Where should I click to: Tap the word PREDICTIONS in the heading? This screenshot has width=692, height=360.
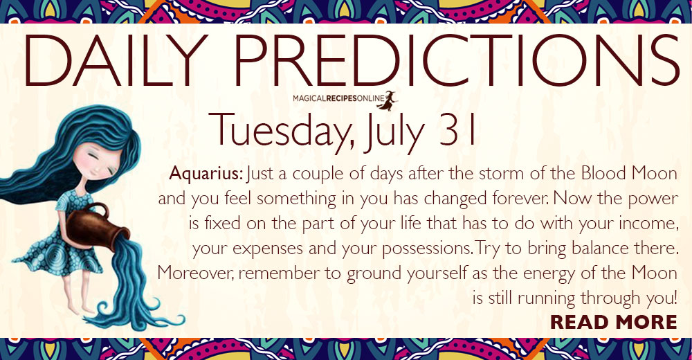coord(456,60)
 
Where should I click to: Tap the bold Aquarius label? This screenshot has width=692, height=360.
coord(206,173)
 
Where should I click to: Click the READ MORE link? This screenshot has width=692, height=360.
coord(613,322)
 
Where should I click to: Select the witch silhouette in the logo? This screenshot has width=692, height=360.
coord(388,100)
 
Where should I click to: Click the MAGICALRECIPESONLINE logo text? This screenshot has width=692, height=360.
coord(338,99)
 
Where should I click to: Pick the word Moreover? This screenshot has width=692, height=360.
coord(198,273)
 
